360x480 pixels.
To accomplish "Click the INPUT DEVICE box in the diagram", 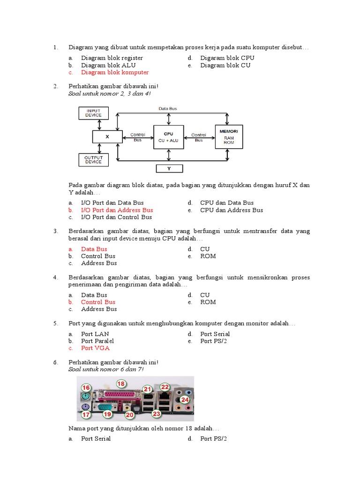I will pos(93,112).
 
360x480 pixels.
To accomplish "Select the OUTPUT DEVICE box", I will pos(93,160).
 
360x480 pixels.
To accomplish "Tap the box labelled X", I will pos(107,137).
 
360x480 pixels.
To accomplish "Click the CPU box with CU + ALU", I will pos(169,137).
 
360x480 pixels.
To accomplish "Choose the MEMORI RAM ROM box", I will pos(229,137).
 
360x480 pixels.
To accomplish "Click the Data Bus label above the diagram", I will pos(167,108).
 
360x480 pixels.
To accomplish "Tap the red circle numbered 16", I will pos(86,387).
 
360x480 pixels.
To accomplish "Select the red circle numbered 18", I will pos(121,383).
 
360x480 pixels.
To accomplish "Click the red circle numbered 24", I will pos(185,399).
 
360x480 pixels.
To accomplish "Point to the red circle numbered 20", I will pos(130,415).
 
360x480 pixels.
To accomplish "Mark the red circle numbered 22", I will pos(165,387).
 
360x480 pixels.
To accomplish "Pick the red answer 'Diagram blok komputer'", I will pos(115,73).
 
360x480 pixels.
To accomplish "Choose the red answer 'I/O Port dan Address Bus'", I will pos(117,210).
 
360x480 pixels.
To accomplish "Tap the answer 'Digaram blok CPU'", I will pos(227,58).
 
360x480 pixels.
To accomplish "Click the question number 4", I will pos(55,277).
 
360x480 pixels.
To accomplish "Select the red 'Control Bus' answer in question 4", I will pos(98,302).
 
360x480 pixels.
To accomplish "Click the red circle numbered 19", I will pos(107,414).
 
